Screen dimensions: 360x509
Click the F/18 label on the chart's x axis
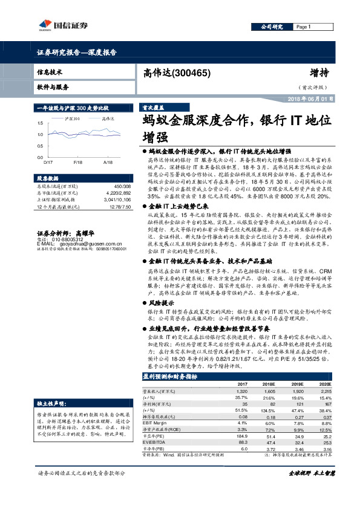(78, 162)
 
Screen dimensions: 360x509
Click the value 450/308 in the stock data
(114, 187)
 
